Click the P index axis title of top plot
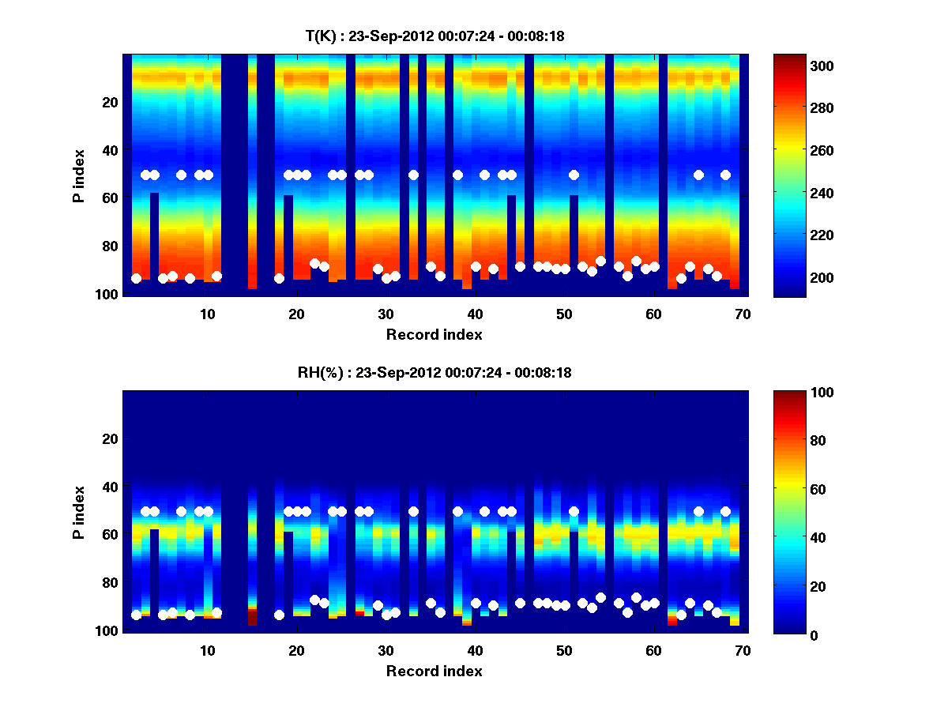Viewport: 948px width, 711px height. pyautogui.click(x=78, y=175)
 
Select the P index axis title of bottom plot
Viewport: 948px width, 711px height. pyautogui.click(x=78, y=511)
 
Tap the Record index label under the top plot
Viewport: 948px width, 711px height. pyautogui.click(x=434, y=335)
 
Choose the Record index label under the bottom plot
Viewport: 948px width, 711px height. pyautogui.click(x=434, y=671)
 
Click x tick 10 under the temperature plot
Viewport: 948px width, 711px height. pyautogui.click(x=207, y=314)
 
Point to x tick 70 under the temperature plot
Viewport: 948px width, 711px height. pyautogui.click(x=743, y=314)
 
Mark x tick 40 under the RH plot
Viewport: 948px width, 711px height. pyautogui.click(x=475, y=650)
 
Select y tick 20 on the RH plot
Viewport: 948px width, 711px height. pyautogui.click(x=110, y=438)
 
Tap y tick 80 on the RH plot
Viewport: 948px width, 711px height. pyautogui.click(x=110, y=583)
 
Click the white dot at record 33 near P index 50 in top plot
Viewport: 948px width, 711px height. pyautogui.click(x=413, y=175)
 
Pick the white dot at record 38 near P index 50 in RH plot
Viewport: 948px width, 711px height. pyautogui.click(x=457, y=511)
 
